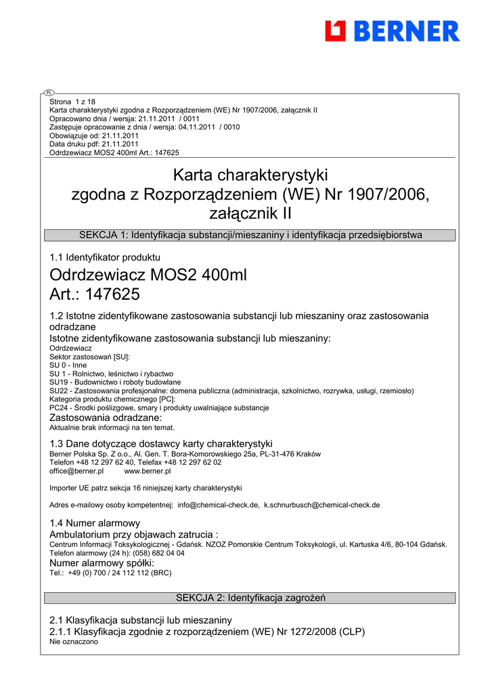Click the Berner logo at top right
point(392,31)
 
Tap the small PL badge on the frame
point(49,92)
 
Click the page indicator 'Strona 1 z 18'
point(72,102)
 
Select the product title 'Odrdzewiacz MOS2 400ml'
point(149,276)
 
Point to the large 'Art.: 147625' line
point(95,294)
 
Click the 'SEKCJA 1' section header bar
point(250,236)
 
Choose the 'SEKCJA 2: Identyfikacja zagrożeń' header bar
point(250,598)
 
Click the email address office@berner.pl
point(76,471)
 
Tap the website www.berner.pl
point(148,471)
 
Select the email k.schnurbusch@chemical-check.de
point(321,505)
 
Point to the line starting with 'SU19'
point(115,382)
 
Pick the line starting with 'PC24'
point(159,408)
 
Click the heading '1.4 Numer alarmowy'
point(95,523)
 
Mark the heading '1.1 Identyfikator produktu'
point(105,257)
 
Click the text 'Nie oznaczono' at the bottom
point(74,642)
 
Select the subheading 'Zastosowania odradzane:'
point(106,418)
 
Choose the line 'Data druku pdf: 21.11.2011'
point(94,144)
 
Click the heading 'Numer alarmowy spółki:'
point(102,563)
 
